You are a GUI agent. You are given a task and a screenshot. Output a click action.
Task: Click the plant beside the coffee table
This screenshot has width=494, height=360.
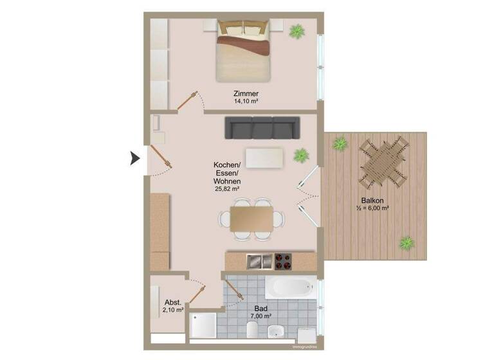(300, 154)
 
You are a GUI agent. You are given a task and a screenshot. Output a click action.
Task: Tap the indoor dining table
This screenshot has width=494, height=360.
(252, 218)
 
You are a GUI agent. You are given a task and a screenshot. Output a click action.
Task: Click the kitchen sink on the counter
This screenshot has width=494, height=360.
(259, 260)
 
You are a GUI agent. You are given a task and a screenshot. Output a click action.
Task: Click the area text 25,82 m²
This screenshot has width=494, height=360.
(226, 189)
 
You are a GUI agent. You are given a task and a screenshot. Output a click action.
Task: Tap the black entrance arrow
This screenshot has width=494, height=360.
(135, 157)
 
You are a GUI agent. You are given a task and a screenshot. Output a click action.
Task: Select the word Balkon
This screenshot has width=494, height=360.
(372, 201)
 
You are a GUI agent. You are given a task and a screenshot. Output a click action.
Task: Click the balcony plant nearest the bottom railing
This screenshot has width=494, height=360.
(406, 243)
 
